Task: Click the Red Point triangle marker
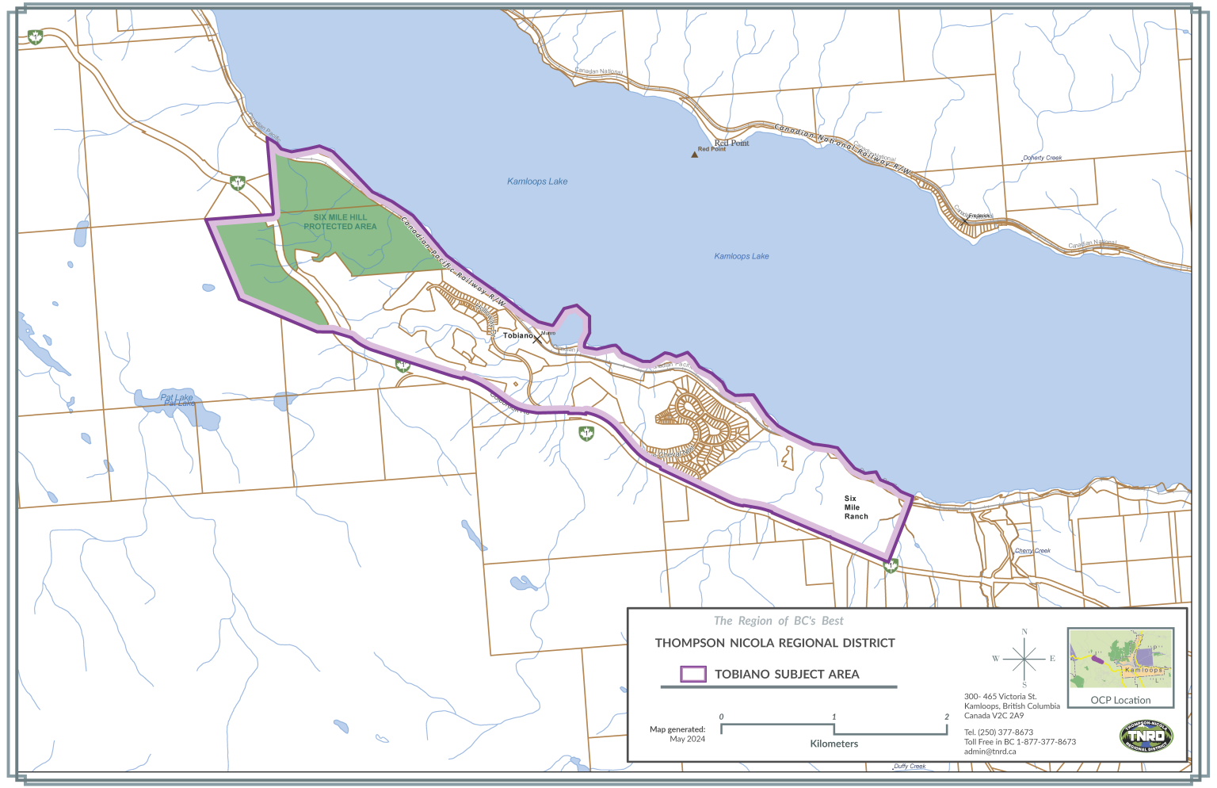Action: [695, 155]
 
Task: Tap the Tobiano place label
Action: [518, 335]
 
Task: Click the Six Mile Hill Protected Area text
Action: [340, 222]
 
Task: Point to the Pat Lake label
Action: [177, 399]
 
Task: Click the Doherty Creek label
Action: [1042, 158]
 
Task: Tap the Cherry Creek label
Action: [1032, 550]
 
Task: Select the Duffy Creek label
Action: [909, 766]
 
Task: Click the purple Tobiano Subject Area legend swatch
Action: [693, 674]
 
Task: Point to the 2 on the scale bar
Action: [946, 717]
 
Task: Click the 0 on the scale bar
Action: [721, 717]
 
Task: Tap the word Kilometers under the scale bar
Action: [834, 744]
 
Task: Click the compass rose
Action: [1024, 658]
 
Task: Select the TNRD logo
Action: [1146, 736]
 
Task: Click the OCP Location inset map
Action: [1120, 659]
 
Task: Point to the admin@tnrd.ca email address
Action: [990, 752]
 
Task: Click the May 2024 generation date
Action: [687, 739]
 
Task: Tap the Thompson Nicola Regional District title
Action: [774, 643]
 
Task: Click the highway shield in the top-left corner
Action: [34, 37]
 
